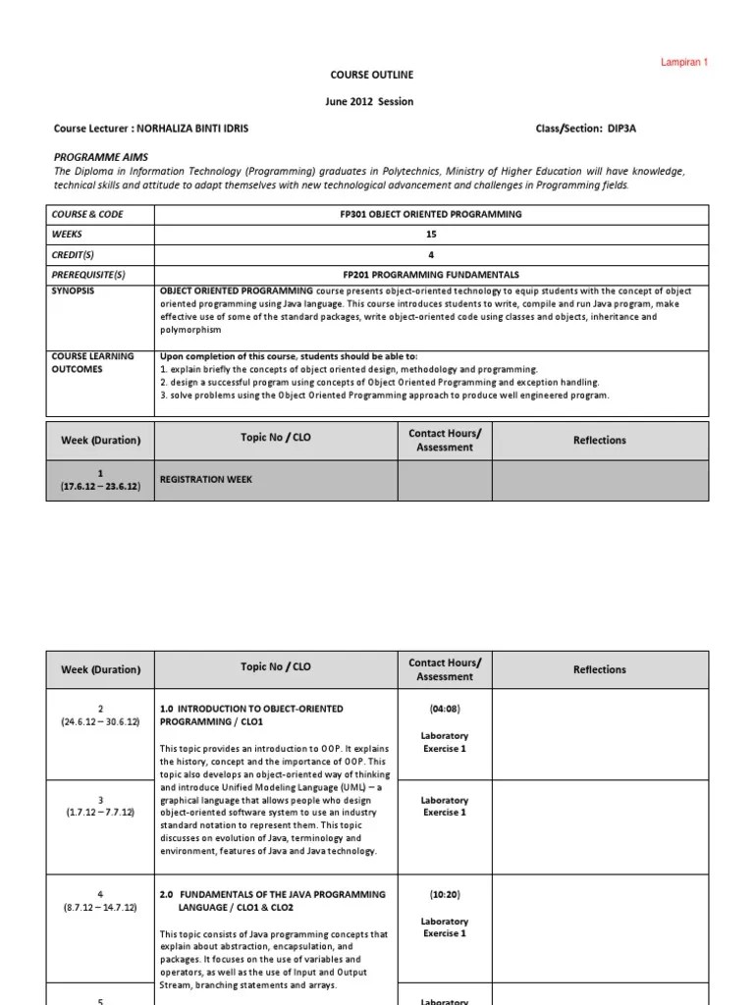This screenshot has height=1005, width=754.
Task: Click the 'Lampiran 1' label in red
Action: [x=682, y=63]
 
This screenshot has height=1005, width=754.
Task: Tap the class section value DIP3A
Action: [x=602, y=129]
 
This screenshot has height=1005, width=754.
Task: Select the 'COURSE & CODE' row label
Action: [x=88, y=214]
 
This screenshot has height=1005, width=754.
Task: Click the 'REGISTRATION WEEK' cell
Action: [x=206, y=479]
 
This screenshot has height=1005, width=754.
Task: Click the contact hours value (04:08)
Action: [x=445, y=708]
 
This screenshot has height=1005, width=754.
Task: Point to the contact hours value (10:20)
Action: [x=445, y=894]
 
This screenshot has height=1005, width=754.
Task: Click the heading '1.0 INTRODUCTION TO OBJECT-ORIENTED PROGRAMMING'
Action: [x=251, y=714]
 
